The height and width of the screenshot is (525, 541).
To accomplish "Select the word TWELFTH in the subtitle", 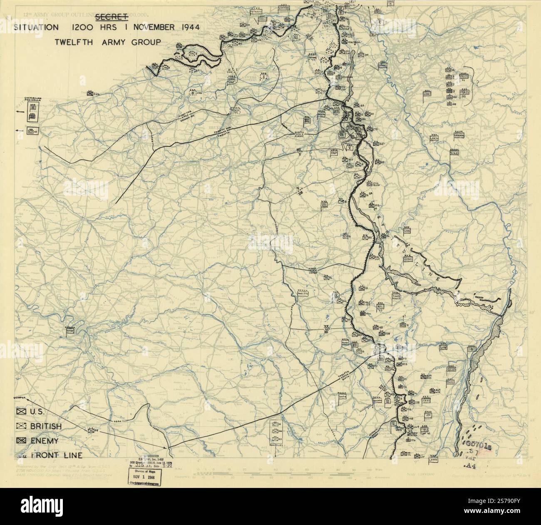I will [76, 42].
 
